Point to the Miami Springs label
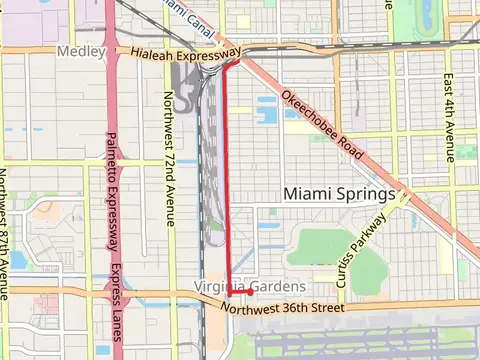pyautogui.click(x=340, y=193)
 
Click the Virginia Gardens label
pyautogui.click(x=248, y=287)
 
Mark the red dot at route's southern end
pyautogui.click(x=249, y=292)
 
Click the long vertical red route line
pyautogui.click(x=226, y=180)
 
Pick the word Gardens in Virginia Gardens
pyautogui.click(x=276, y=287)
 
